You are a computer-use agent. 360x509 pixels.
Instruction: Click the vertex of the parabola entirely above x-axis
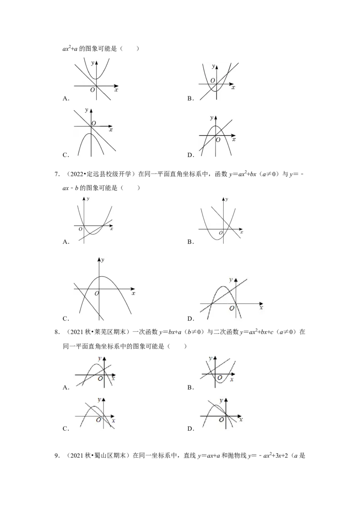point(95,79)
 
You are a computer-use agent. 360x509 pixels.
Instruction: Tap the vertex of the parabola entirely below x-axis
point(90,134)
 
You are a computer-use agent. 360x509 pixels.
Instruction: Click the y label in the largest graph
point(103,260)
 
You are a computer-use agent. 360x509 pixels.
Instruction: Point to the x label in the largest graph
point(133,293)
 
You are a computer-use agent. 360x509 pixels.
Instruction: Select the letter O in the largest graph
point(96,294)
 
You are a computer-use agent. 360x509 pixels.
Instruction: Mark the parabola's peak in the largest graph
point(102,276)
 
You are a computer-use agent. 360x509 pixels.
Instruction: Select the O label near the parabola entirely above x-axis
point(92,89)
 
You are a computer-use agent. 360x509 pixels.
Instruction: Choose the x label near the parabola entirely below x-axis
point(111,129)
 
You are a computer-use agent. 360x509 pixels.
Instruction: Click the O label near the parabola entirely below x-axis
point(93,123)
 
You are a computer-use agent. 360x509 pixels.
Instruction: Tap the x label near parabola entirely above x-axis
point(117,90)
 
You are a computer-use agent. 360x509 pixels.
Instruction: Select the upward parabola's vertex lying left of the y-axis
point(216,239)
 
